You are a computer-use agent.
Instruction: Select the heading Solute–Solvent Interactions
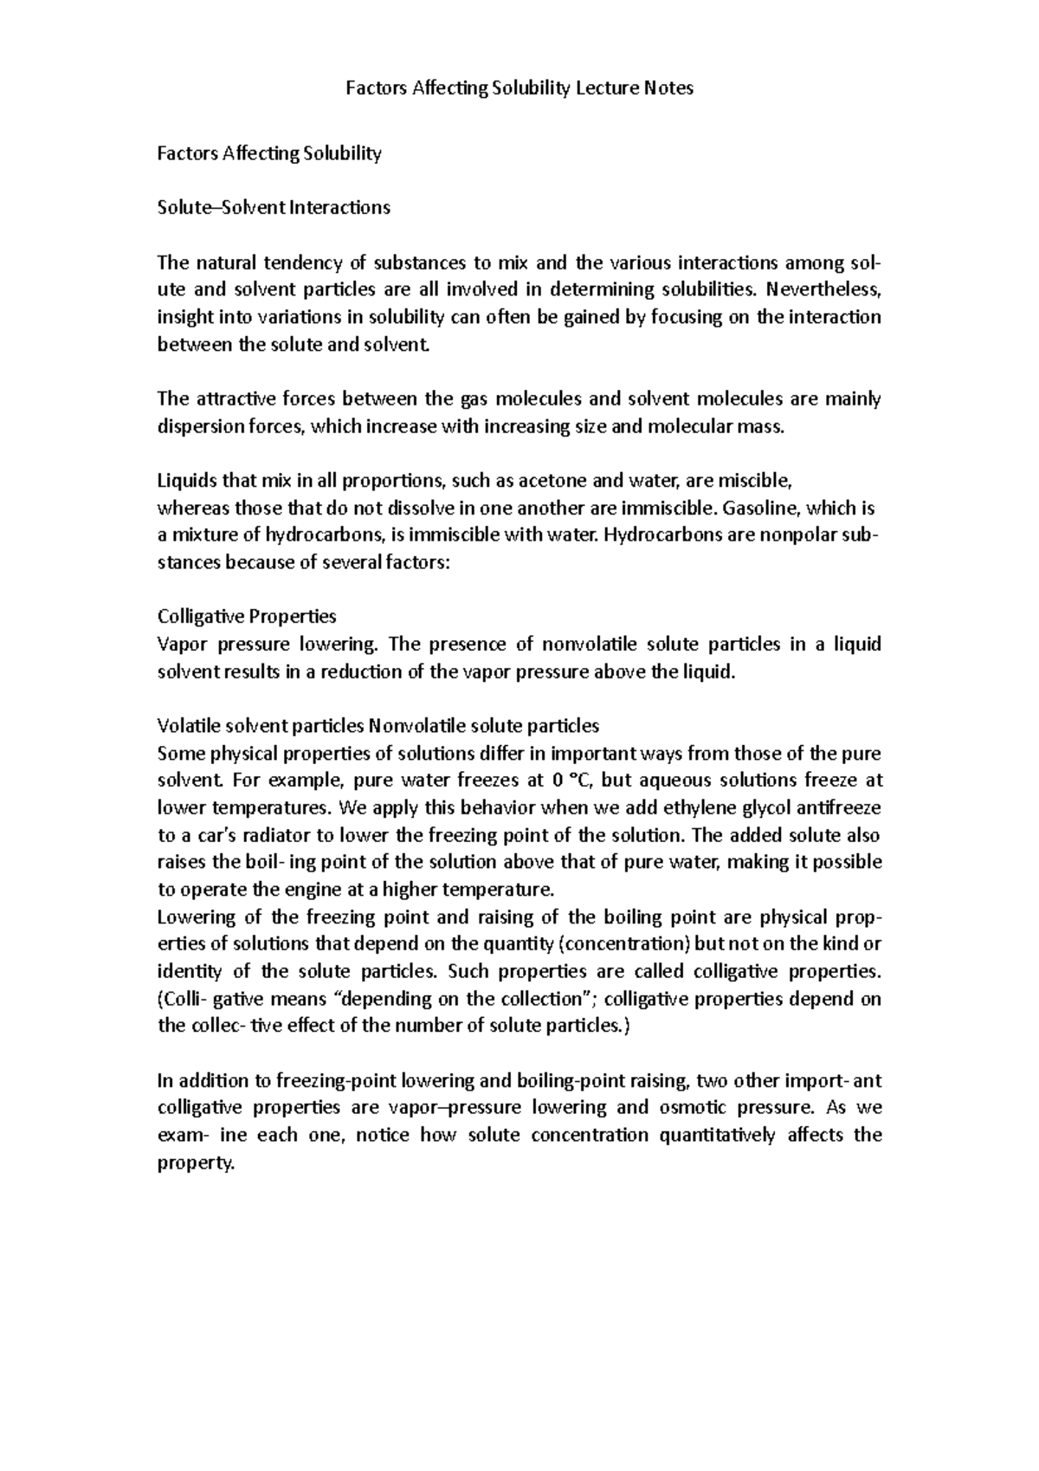coord(273,208)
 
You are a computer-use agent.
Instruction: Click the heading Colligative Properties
coord(246,617)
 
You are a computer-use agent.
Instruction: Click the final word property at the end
coord(195,1163)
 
